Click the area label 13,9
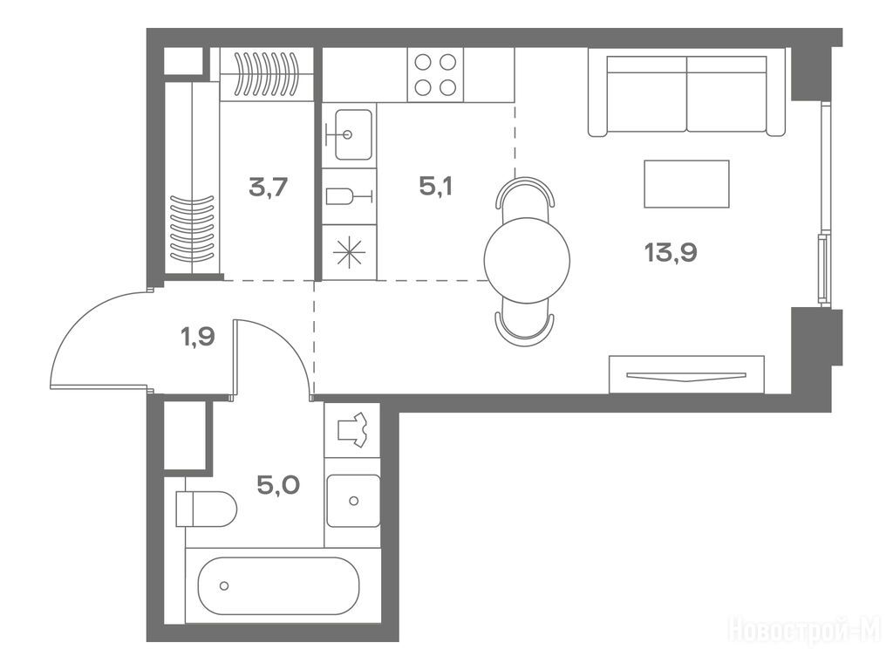pos(671,252)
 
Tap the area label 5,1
pos(436,187)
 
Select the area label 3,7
pos(268,187)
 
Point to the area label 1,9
pos(198,337)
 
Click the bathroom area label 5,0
pos(278,485)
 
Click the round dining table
pos(527,260)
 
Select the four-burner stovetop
pos(435,75)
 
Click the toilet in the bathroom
pos(206,509)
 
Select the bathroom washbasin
pos(353,501)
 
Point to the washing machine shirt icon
pos(352,429)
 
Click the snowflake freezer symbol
pos(349,252)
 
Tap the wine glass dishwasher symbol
pos(349,196)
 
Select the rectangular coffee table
pos(686,183)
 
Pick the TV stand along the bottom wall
pos(686,374)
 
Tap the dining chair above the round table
pos(525,193)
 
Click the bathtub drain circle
pos(224,585)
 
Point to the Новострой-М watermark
pos(804,631)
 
